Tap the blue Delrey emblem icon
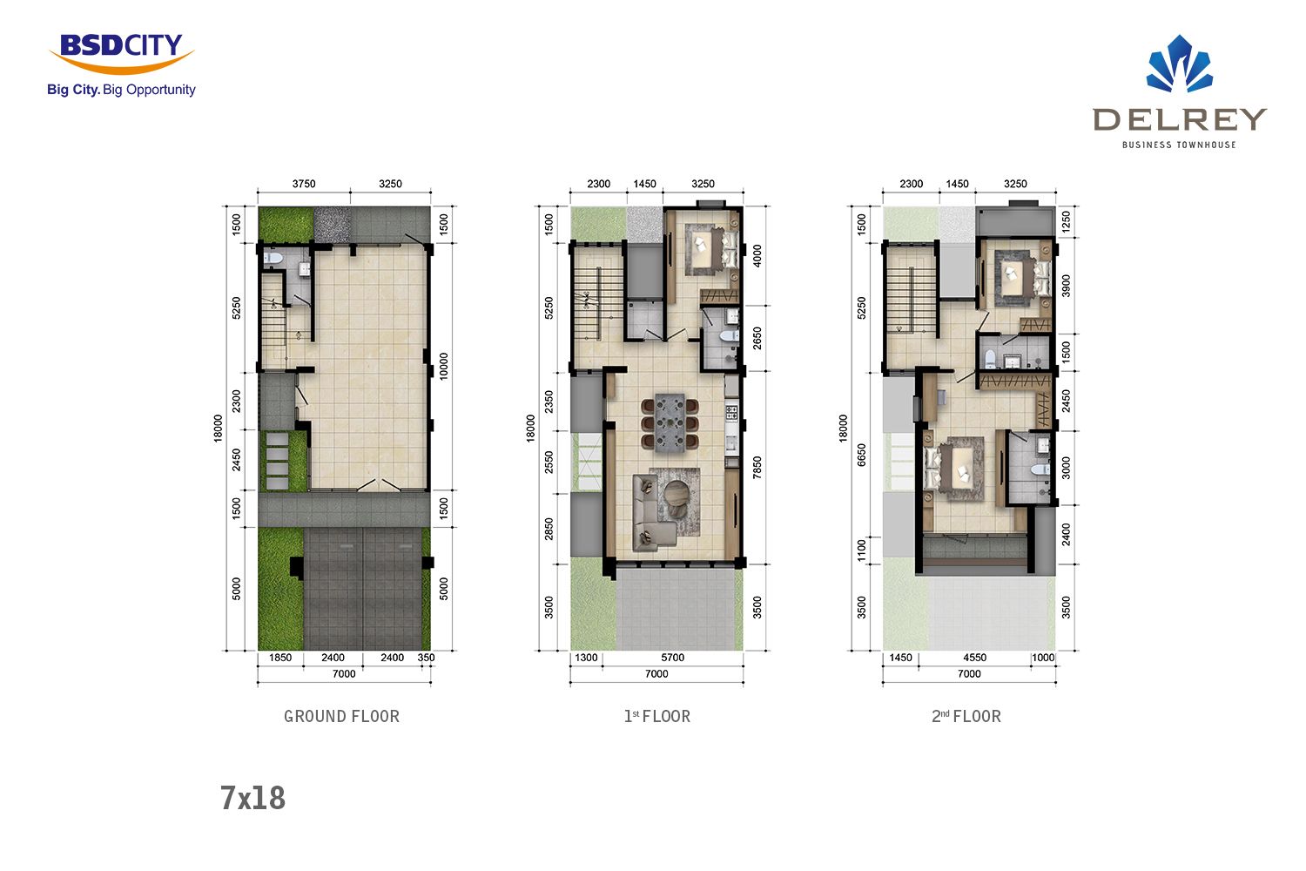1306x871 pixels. pos(1180,64)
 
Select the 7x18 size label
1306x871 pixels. pos(252,798)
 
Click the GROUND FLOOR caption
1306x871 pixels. pos(341,717)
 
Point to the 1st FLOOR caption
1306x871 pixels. pos(657,717)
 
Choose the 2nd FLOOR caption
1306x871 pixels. pos(966,717)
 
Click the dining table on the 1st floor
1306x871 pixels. pos(670,423)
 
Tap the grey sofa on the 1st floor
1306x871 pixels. pos(650,513)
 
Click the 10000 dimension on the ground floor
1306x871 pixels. pos(444,367)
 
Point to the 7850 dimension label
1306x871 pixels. pos(757,468)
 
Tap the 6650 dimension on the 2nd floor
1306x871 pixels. pos(861,455)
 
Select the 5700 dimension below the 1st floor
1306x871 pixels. pos(672,658)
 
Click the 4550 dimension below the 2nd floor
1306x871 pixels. pos(975,658)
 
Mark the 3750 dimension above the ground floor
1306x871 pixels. pos(304,184)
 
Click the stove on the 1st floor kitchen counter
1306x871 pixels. pos(731,413)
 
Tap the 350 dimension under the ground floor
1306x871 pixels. pos(427,658)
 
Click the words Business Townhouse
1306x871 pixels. pos(1179,145)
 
